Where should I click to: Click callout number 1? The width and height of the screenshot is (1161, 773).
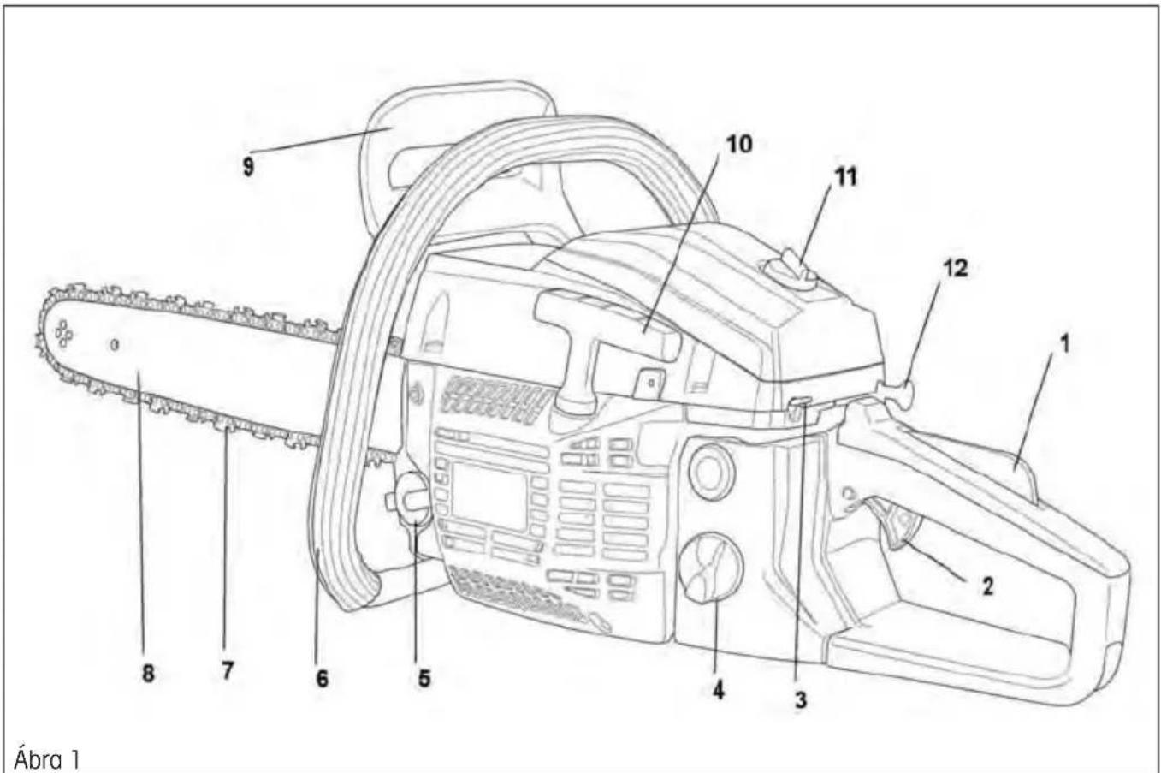(x=1064, y=344)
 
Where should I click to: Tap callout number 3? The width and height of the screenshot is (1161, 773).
(x=801, y=700)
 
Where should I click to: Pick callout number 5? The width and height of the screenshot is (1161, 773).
(x=424, y=678)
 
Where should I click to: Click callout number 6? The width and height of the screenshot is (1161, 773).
(x=322, y=678)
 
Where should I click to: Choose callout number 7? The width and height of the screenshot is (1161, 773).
(x=227, y=671)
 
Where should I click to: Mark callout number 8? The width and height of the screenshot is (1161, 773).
(x=148, y=674)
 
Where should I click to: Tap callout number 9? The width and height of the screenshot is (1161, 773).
(x=248, y=167)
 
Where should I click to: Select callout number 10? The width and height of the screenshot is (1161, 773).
(x=739, y=144)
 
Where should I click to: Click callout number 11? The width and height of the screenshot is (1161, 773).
(x=845, y=177)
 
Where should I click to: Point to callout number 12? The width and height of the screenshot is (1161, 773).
(x=955, y=268)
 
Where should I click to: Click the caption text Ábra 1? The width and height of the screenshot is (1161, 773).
(x=47, y=758)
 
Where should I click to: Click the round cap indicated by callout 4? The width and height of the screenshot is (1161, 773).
(x=711, y=568)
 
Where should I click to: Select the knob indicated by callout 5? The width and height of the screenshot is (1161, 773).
(x=413, y=501)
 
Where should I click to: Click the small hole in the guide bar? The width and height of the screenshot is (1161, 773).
(x=115, y=344)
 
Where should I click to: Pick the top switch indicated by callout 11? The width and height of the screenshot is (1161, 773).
(x=790, y=270)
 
